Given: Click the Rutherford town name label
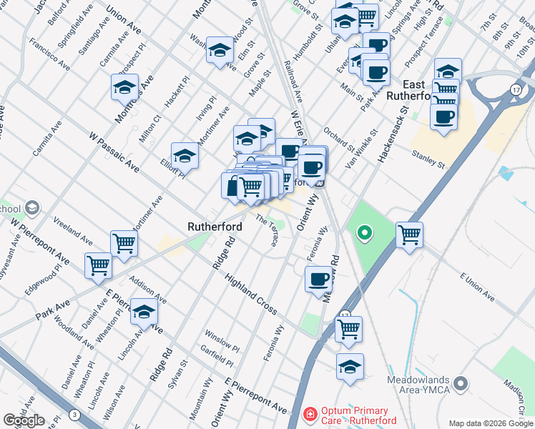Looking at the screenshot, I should click(x=215, y=227).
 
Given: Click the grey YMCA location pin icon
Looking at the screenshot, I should click(x=462, y=385).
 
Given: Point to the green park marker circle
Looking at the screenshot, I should click(x=364, y=232).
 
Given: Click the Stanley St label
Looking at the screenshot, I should click(x=428, y=159).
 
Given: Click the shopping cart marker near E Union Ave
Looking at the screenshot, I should click(x=409, y=234).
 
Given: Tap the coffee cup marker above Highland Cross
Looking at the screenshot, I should click(x=318, y=279).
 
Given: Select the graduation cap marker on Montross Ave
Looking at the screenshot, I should click(x=124, y=87).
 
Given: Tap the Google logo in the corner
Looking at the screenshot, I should click(x=24, y=420).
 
